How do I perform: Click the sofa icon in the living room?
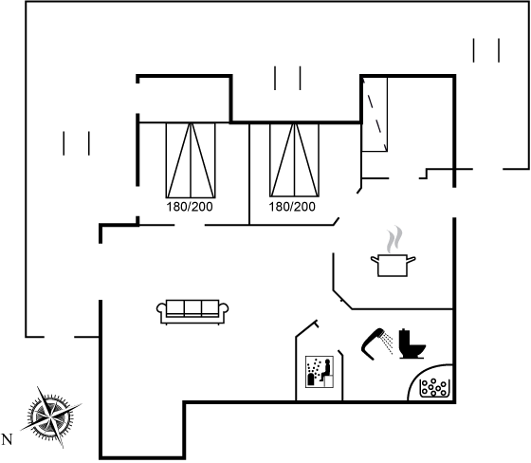(x=192, y=312)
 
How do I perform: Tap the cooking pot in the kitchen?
(x=393, y=266)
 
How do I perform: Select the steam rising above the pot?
(x=394, y=239)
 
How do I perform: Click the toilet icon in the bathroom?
(x=412, y=343)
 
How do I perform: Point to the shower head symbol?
(x=372, y=343)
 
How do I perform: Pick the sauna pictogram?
(x=320, y=372)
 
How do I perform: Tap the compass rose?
(x=51, y=417)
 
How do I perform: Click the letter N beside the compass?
(x=7, y=439)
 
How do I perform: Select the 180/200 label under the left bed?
(x=190, y=207)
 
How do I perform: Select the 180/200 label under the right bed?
(x=292, y=207)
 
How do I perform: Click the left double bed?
(x=191, y=160)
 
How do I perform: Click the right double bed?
(x=294, y=160)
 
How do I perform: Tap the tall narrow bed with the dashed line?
(x=375, y=114)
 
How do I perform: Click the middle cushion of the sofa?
(x=192, y=307)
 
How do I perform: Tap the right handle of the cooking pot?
(x=412, y=260)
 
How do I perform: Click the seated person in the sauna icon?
(x=326, y=370)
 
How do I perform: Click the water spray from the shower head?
(x=388, y=343)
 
